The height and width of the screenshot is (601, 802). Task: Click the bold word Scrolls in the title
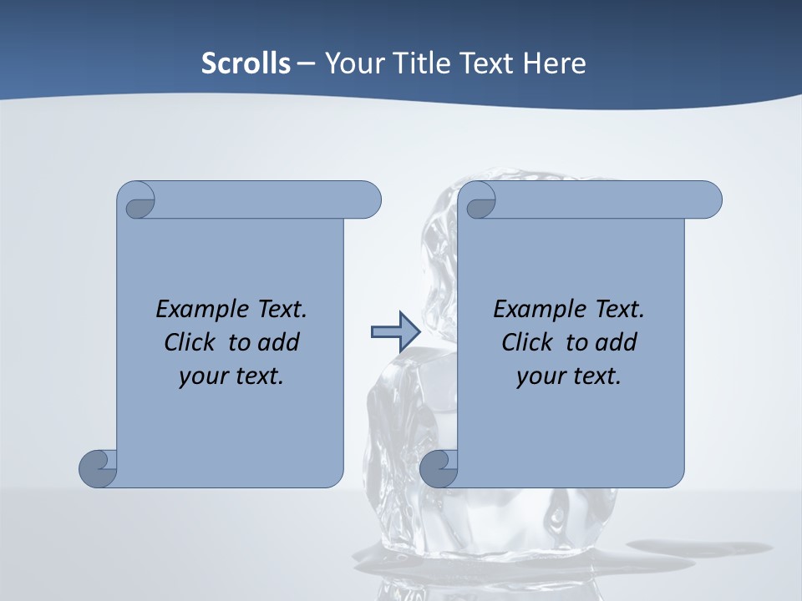point(246,63)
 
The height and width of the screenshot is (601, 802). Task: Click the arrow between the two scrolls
point(395,332)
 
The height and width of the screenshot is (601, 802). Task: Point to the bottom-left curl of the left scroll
point(99,467)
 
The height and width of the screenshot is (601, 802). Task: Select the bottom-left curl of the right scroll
point(439,467)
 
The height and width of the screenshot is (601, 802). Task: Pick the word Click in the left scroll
point(191,342)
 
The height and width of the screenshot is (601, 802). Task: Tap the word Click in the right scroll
point(529,342)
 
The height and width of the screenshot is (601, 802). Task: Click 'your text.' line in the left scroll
point(231,376)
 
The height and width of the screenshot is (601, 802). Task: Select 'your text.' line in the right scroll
point(569,376)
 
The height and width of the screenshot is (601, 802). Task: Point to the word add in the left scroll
point(278,342)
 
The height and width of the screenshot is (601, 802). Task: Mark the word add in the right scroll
point(616,342)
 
